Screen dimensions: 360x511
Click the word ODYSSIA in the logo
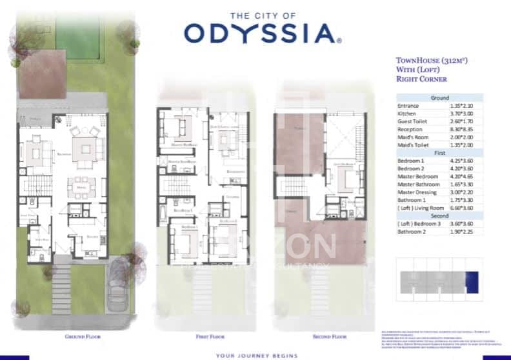[x=258, y=33]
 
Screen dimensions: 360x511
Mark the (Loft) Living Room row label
[x=421, y=208]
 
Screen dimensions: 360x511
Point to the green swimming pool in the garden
[x=78, y=32]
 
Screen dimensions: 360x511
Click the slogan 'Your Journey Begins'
[x=257, y=355]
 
